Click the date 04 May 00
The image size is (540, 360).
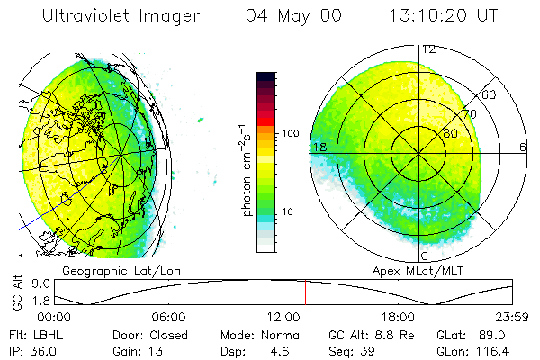pyautogui.click(x=285, y=16)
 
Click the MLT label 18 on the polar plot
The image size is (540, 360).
pyautogui.click(x=319, y=147)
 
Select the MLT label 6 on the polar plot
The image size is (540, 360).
pyautogui.click(x=523, y=147)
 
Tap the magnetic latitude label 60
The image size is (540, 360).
pyautogui.click(x=489, y=94)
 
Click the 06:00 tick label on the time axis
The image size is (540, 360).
pyautogui.click(x=169, y=317)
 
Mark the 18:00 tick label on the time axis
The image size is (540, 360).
pyautogui.click(x=398, y=317)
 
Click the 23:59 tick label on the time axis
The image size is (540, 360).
pyautogui.click(x=511, y=317)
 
